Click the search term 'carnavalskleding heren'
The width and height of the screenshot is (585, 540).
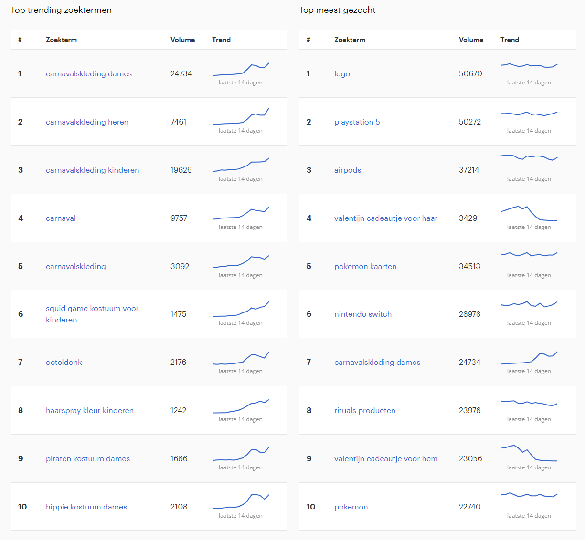[x=87, y=122]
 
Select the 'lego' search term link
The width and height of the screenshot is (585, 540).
[x=342, y=73]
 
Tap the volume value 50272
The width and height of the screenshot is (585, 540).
[x=470, y=122]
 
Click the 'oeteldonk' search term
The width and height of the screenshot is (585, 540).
[x=64, y=362]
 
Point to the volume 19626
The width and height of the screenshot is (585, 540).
[x=181, y=170]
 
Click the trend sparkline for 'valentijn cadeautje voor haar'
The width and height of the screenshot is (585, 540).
[x=529, y=213]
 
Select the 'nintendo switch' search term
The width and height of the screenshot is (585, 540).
[x=363, y=314]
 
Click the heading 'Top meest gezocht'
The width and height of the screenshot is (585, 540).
[x=337, y=10]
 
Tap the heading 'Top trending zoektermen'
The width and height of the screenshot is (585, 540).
[x=61, y=10]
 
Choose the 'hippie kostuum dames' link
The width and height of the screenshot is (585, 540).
[x=86, y=507]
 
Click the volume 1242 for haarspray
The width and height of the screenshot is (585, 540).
[x=178, y=410]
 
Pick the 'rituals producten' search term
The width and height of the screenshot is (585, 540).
[x=365, y=410]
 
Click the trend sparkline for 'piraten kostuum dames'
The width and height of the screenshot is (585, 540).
[x=241, y=454]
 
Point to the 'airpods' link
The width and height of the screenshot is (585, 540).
[x=348, y=170]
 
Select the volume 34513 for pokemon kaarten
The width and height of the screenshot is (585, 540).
[x=469, y=266]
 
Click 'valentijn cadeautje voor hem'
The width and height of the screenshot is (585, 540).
[x=386, y=458]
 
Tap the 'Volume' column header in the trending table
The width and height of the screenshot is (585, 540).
[x=182, y=40]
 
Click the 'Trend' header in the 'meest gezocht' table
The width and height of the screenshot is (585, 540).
[x=510, y=40]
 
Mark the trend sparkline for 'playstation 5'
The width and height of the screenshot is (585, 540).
[x=529, y=114]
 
